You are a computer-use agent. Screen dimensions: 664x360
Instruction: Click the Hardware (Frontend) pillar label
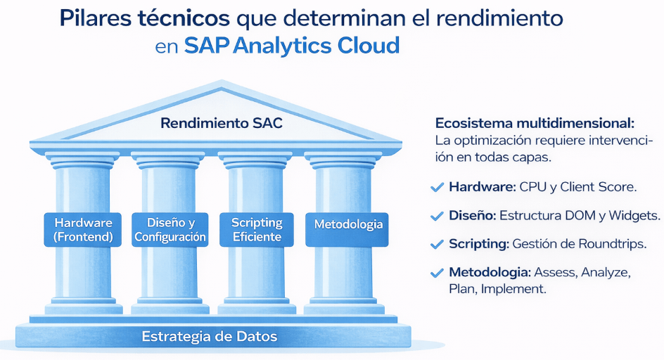(83, 229)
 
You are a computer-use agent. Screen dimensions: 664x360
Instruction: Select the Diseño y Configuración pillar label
(170, 229)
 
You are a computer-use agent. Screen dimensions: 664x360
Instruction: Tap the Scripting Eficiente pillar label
(257, 229)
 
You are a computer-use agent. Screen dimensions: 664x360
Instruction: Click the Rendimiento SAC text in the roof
(222, 123)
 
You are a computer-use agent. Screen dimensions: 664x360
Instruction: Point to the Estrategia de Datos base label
(210, 336)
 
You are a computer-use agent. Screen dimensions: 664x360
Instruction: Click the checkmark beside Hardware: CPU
(437, 187)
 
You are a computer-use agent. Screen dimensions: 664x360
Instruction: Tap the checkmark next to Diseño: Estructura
(437, 216)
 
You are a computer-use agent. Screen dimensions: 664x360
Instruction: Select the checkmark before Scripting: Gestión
(437, 245)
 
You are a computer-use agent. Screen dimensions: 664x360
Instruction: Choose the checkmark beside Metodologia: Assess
(437, 273)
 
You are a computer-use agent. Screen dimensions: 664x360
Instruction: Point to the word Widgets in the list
(634, 216)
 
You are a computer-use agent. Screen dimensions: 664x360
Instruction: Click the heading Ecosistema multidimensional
(535, 123)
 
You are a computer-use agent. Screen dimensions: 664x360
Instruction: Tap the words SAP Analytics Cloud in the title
(292, 45)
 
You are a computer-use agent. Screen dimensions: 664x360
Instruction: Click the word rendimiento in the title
(499, 18)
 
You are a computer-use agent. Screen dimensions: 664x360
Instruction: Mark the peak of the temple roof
(221, 81)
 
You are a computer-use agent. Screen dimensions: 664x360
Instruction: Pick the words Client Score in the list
(599, 187)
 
